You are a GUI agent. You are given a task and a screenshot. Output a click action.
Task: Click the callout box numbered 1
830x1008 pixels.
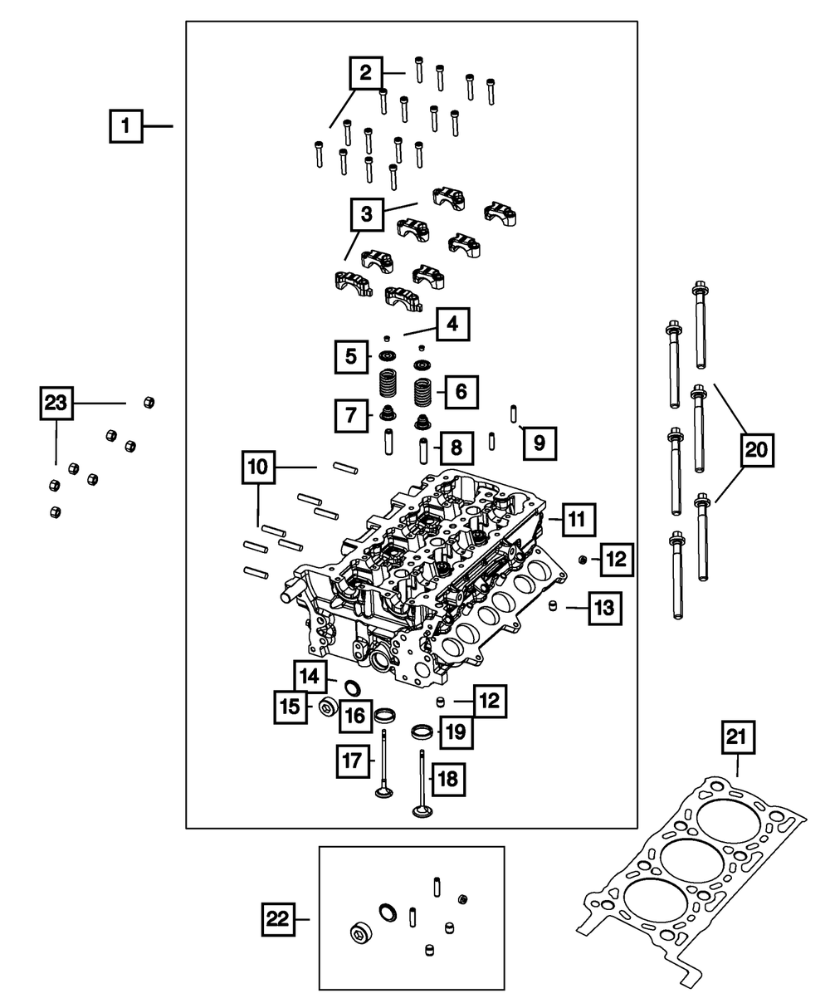pos(125,127)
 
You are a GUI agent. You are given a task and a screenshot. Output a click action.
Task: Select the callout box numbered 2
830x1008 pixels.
pos(365,73)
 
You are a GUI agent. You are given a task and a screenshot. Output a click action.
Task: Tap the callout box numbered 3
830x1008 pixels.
pos(366,215)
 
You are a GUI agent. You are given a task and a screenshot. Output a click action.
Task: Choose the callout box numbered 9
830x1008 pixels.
pos(539,443)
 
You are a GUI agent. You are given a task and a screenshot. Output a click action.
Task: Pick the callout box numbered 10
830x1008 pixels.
pos(259,468)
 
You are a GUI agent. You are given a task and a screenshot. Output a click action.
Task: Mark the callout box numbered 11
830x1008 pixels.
pos(577,521)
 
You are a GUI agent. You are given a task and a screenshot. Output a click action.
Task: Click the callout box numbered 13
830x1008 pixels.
pos(605,609)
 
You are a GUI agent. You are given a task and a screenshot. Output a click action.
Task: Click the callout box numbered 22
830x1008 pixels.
pos(280,919)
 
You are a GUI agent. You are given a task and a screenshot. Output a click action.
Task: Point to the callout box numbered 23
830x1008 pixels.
pos(56,404)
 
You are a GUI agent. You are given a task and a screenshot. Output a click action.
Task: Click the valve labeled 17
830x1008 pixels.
pos(384,765)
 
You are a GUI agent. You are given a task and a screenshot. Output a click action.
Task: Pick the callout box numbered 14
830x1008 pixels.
pos(310,677)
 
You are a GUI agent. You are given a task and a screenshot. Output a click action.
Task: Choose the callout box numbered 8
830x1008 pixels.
pos(456,449)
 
